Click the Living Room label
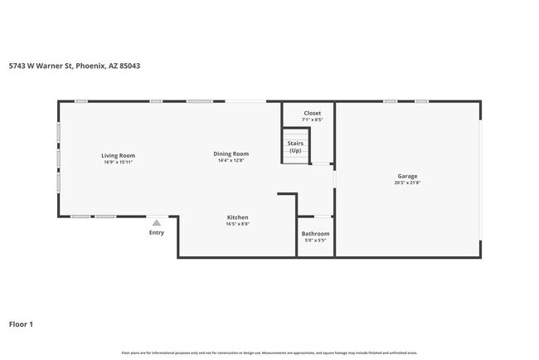[x=118, y=155]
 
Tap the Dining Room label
[x=231, y=153]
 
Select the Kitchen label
[x=237, y=217]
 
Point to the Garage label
[x=406, y=176]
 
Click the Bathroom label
[x=315, y=234]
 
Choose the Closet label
[x=312, y=113]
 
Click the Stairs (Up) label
[x=295, y=146]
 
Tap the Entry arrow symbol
[x=156, y=222]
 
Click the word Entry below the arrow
[x=156, y=232]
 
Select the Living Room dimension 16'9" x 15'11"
[x=118, y=162]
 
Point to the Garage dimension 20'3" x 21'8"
[x=406, y=182]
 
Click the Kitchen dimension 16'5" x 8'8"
[x=237, y=224]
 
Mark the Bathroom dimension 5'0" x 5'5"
[x=315, y=241]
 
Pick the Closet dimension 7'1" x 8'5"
[x=312, y=119]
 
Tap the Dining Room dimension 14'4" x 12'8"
[x=231, y=160]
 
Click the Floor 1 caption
[x=22, y=324]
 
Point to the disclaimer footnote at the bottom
[x=269, y=353]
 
